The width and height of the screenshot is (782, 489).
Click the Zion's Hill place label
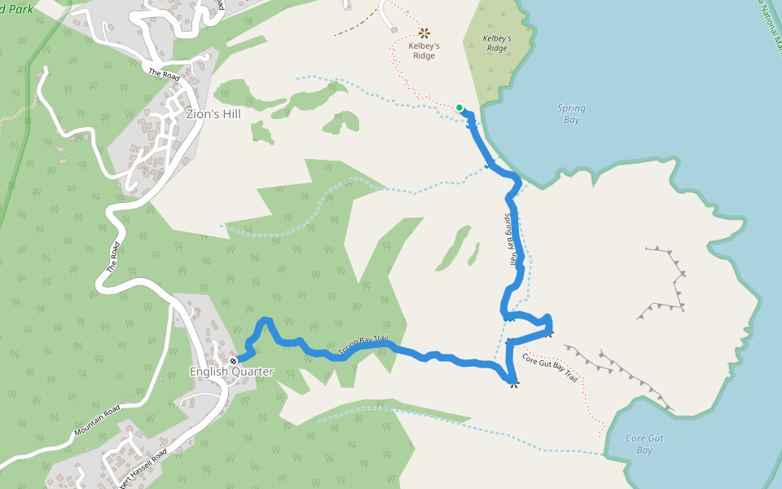point(213,115)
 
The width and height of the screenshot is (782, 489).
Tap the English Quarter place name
point(231,372)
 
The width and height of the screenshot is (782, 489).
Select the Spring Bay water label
point(571,114)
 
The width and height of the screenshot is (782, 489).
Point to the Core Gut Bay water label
point(644,444)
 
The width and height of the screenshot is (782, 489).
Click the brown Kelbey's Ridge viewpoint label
point(424,51)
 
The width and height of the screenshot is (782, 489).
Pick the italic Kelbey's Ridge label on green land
point(497,43)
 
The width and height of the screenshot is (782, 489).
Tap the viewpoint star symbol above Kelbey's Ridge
point(424,33)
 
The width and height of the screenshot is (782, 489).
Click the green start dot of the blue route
point(459,108)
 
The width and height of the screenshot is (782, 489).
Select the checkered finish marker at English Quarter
point(234,360)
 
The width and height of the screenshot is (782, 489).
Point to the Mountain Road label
point(97,419)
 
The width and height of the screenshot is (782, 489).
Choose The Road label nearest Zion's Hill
point(164,73)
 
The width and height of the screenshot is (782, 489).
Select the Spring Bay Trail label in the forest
point(364,347)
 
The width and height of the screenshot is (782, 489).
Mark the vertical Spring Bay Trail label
point(512,238)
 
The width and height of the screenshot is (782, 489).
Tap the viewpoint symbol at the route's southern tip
point(514,382)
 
